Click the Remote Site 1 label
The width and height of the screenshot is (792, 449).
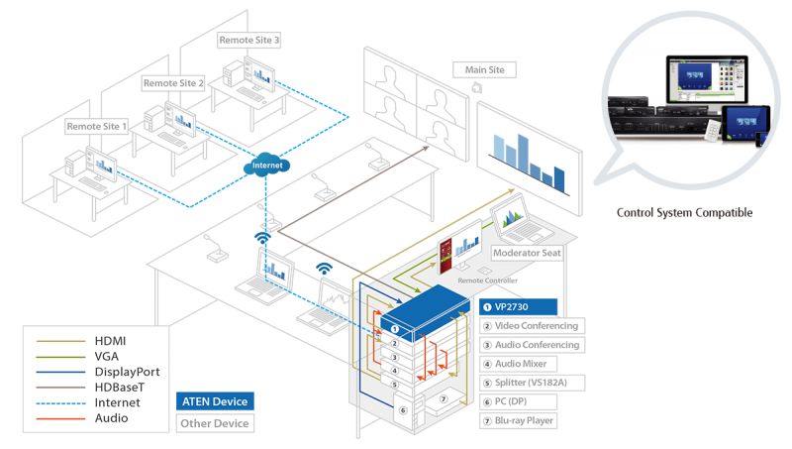click(x=97, y=127)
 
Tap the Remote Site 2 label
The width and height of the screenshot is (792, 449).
click(x=173, y=84)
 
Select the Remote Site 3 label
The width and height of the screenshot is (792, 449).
click(x=249, y=40)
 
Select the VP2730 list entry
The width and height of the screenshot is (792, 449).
click(x=520, y=307)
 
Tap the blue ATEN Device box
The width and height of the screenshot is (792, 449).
click(x=213, y=401)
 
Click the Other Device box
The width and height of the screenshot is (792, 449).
click(x=213, y=424)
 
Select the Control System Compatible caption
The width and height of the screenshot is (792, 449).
click(x=684, y=212)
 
